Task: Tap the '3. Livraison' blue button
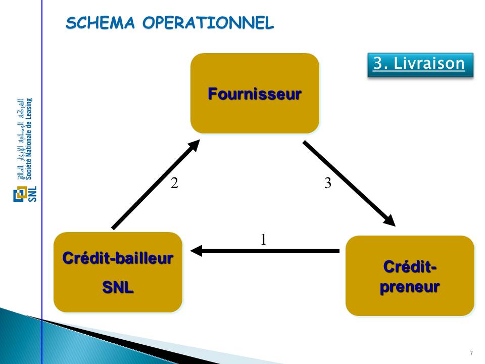[x=419, y=64]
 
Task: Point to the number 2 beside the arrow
[x=174, y=184]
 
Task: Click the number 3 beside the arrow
[x=328, y=184]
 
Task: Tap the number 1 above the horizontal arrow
[x=263, y=239]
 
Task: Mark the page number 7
[x=471, y=353]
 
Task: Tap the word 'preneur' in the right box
[x=410, y=287]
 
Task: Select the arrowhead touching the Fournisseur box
[x=194, y=146]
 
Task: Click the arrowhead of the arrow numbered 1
[x=197, y=250]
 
